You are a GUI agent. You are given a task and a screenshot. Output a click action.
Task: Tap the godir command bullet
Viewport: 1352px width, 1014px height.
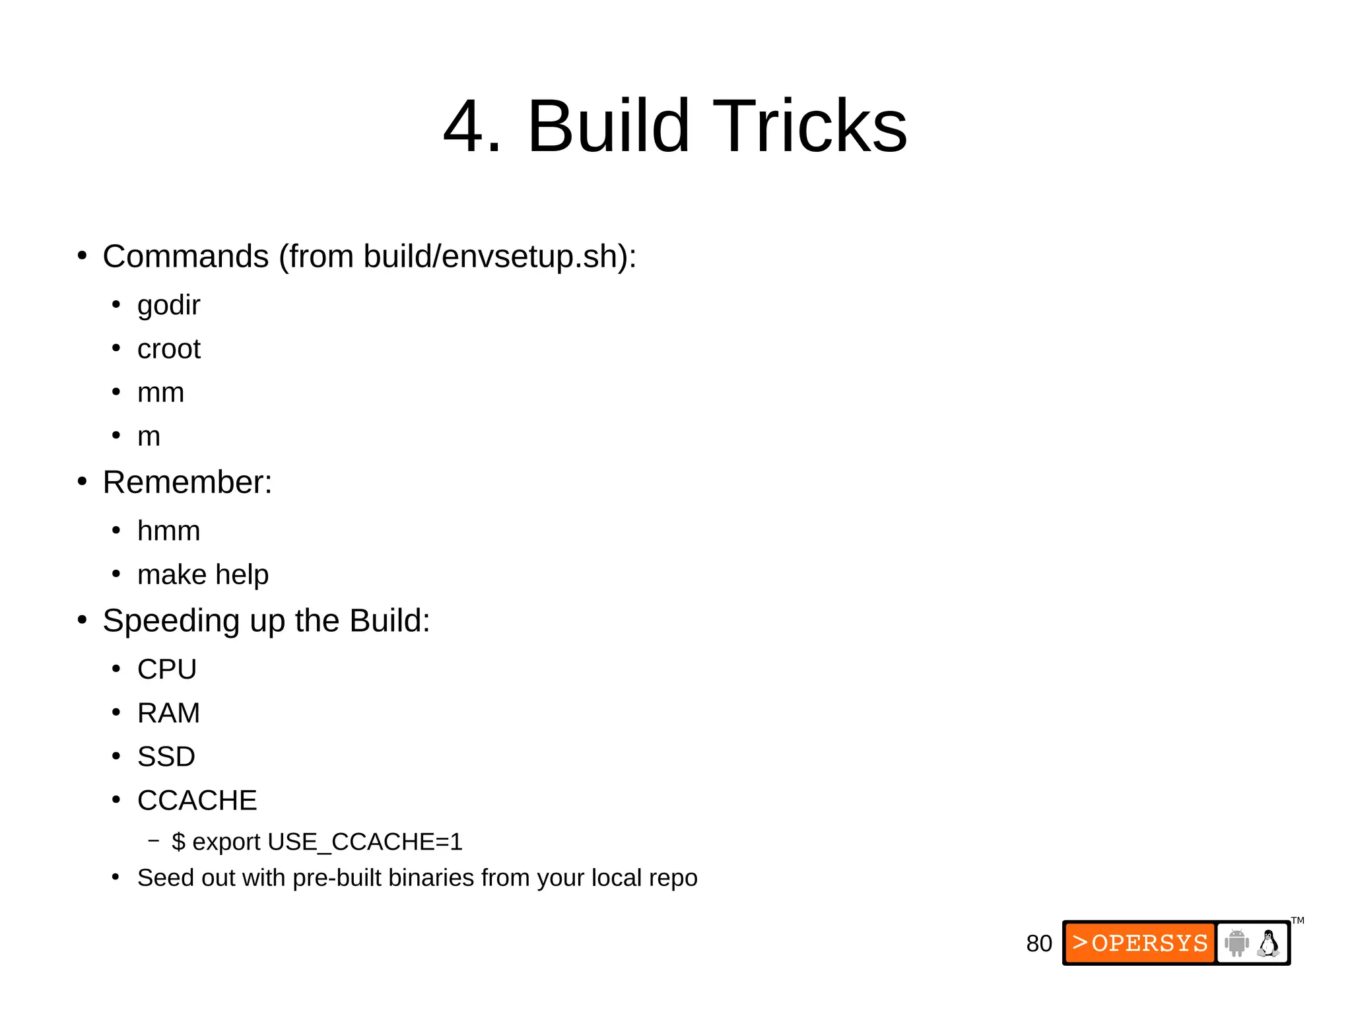click(x=168, y=306)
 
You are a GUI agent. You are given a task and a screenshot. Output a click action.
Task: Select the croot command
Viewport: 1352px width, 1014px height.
click(x=168, y=349)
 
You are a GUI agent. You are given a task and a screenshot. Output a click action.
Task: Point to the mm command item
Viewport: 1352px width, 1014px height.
click(x=160, y=393)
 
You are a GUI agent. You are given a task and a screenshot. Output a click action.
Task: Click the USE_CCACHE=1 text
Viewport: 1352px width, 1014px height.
click(x=365, y=842)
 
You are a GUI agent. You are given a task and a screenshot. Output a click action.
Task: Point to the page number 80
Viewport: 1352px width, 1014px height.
click(x=1038, y=944)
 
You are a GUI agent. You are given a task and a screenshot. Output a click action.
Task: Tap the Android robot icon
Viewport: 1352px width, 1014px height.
click(x=1236, y=943)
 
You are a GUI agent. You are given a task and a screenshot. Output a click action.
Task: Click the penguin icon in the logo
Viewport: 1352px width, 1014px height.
click(x=1268, y=943)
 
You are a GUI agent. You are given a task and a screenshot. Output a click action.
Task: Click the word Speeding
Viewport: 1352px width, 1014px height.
click(x=171, y=621)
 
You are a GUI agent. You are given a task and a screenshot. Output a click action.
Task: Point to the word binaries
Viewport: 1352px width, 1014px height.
click(x=431, y=879)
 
